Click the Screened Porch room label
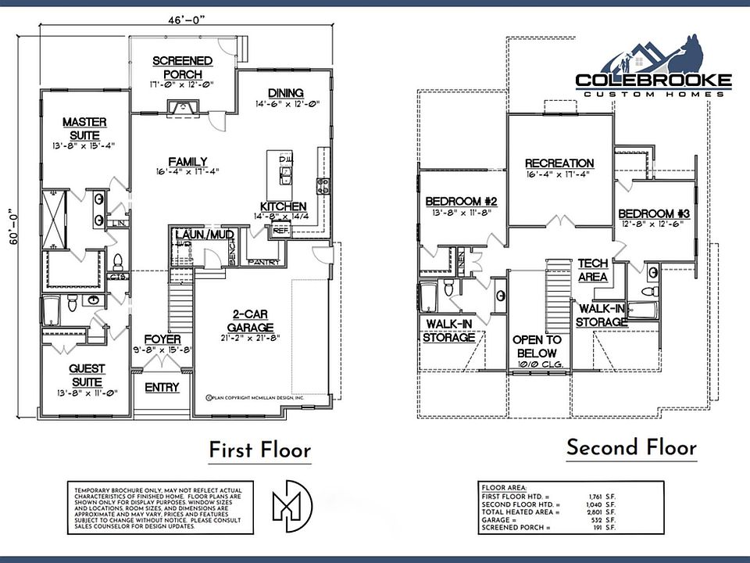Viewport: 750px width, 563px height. tap(182, 67)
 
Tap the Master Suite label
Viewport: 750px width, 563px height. tap(84, 128)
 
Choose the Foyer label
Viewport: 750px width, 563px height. tap(163, 339)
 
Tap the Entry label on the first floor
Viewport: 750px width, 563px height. tap(162, 387)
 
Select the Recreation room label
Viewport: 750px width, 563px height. tap(559, 163)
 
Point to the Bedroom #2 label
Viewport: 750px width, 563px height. tap(462, 201)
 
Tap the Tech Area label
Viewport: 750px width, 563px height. tap(594, 271)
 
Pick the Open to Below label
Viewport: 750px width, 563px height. tap(537, 346)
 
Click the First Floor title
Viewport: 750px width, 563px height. tap(259, 450)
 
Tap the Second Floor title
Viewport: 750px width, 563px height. tap(630, 448)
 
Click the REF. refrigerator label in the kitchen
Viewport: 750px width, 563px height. tap(279, 231)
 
